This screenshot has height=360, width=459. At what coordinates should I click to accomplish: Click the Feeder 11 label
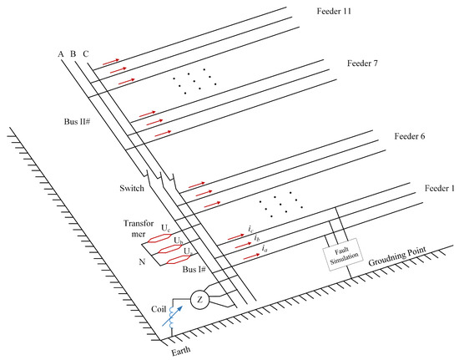(334, 12)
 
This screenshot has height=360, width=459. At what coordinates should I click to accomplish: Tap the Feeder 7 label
(362, 63)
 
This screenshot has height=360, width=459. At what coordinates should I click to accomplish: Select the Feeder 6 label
(410, 136)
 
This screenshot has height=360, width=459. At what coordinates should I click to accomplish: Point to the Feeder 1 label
(440, 188)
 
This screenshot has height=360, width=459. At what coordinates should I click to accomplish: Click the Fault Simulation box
(343, 255)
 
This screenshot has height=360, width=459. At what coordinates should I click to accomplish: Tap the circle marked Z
(200, 300)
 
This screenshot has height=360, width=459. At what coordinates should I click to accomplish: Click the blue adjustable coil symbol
(173, 317)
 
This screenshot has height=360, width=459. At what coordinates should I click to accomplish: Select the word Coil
(159, 309)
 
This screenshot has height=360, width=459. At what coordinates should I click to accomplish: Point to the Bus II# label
(77, 122)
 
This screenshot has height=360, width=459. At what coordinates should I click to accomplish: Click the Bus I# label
(194, 269)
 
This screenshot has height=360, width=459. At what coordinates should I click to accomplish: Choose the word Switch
(132, 188)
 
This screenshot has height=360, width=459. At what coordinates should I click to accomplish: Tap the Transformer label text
(139, 229)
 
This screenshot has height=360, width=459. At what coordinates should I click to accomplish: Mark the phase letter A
(61, 54)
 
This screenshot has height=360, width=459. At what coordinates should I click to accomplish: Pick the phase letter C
(86, 54)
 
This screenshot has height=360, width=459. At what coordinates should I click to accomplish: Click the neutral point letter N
(142, 261)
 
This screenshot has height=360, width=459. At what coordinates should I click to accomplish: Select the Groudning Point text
(397, 256)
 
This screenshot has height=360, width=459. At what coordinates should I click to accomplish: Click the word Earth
(180, 351)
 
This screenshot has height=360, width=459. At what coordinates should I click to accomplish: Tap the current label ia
(265, 249)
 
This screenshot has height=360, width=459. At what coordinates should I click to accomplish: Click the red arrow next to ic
(236, 237)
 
